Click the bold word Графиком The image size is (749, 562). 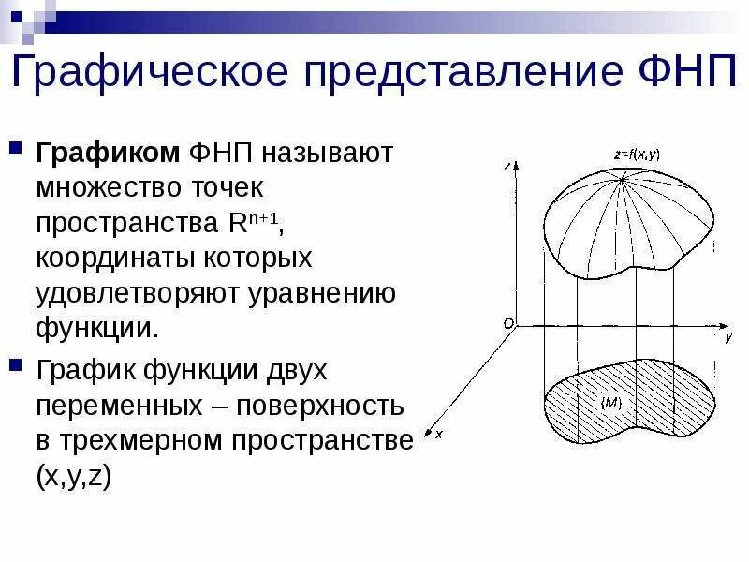click(x=108, y=152)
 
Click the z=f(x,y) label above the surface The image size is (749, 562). click(x=638, y=155)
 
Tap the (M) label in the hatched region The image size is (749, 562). click(x=610, y=403)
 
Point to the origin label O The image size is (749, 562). click(x=508, y=323)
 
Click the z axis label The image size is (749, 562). click(x=506, y=167)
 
